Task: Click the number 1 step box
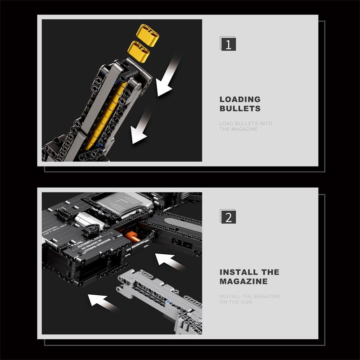point(228,45)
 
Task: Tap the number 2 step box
point(228,216)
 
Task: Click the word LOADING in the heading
point(240,99)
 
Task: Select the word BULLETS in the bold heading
point(240,108)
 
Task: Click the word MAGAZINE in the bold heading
point(243,281)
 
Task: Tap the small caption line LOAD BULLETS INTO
point(246,123)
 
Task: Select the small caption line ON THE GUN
point(236,302)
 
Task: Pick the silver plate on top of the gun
point(119,203)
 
